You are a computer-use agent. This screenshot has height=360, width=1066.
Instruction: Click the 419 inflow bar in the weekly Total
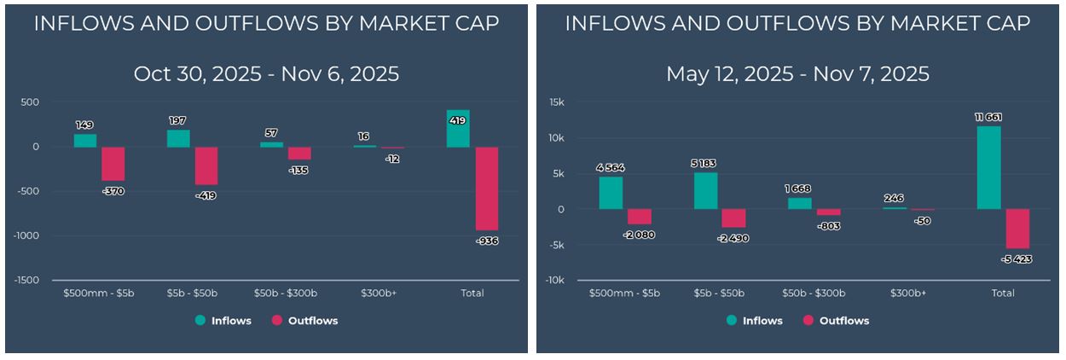[x=458, y=129]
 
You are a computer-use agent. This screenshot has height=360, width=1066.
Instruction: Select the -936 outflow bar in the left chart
[x=486, y=189]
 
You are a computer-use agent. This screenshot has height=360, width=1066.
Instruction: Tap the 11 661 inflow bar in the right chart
[x=989, y=167]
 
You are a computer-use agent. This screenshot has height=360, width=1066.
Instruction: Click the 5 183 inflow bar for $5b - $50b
[x=705, y=191]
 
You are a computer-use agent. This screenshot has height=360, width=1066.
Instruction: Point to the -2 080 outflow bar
[x=640, y=217]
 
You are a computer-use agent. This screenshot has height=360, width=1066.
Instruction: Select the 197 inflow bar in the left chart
[x=178, y=138]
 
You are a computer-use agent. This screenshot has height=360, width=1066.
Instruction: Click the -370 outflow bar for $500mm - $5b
[x=113, y=164]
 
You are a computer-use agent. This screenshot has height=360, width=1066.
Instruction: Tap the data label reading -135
[x=298, y=171]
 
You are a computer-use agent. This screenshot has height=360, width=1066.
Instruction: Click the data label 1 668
[x=799, y=188]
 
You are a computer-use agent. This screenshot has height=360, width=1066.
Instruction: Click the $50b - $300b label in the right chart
[x=814, y=293]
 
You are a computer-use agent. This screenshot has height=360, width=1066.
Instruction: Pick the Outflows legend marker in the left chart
[x=276, y=321]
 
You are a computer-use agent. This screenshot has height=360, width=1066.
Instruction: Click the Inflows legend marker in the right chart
[x=732, y=321]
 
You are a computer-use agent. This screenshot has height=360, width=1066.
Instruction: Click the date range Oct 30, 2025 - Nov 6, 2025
[x=266, y=74]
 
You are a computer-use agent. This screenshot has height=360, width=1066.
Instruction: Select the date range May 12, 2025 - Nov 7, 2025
[x=797, y=74]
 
